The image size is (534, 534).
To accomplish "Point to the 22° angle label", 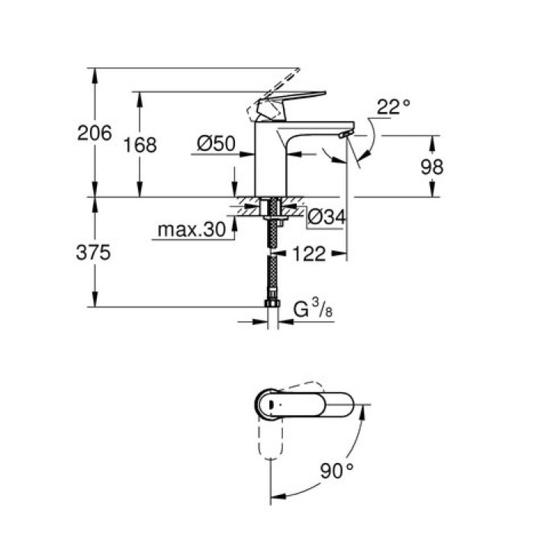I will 393,107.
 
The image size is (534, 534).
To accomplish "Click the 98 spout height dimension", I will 431,167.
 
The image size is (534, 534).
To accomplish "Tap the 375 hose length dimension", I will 95,253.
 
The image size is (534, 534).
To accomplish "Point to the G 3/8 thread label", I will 313,309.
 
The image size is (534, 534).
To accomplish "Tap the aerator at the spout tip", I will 343,135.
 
